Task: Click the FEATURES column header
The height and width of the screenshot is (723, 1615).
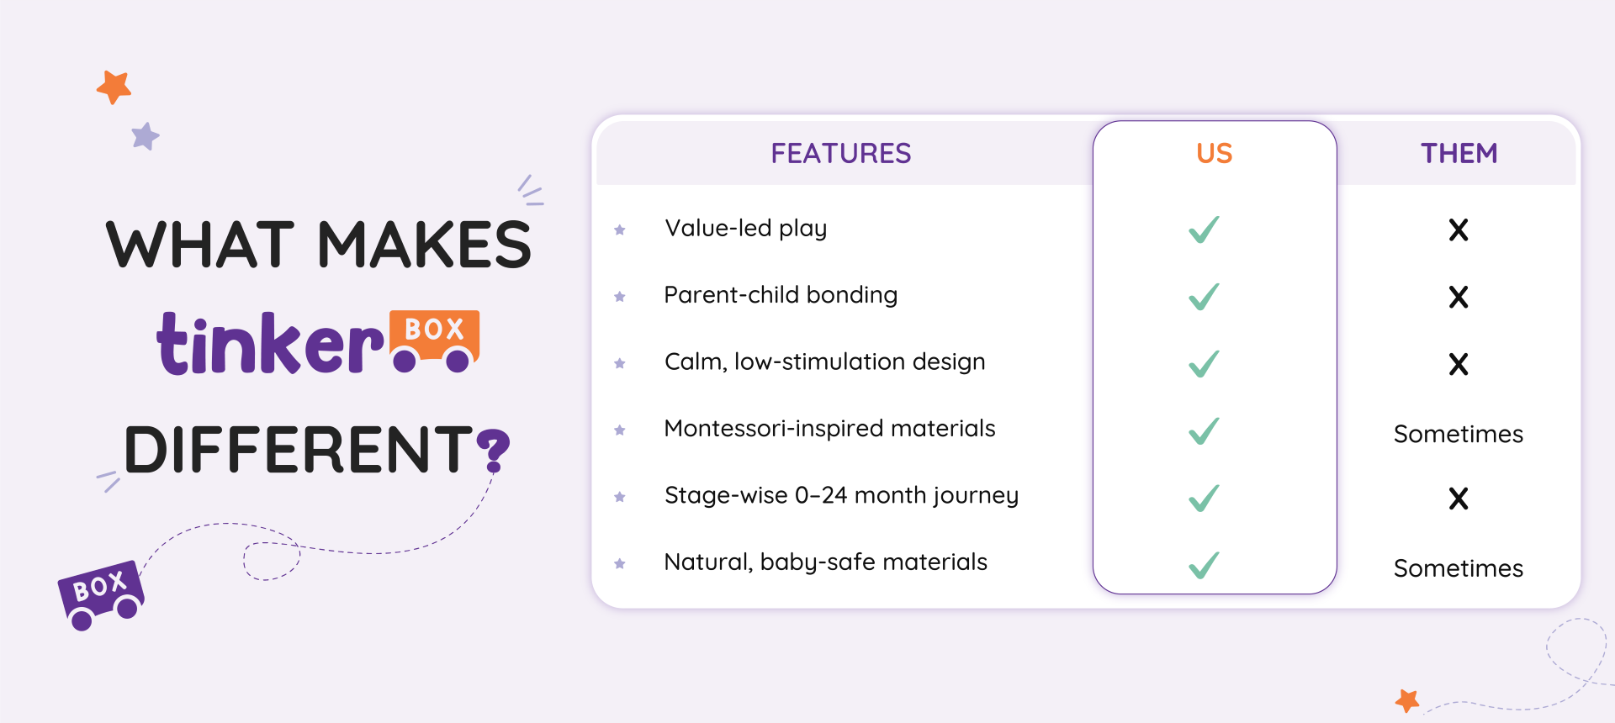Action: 841,153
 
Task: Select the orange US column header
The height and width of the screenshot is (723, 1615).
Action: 1215,153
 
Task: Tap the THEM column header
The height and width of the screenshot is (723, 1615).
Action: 1459,153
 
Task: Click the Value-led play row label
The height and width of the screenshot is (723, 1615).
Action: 746,229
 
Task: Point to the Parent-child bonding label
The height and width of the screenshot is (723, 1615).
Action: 781,295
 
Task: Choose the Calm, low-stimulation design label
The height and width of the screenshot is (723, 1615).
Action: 825,362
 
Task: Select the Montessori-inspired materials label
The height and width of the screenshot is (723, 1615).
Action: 830,429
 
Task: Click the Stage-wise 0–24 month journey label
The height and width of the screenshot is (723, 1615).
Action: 842,496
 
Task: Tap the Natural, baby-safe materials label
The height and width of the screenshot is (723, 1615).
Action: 826,562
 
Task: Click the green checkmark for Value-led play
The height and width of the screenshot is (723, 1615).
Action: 1204,230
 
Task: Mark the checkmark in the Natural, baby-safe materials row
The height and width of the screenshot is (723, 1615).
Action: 1204,565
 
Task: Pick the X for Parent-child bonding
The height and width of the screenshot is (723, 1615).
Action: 1459,297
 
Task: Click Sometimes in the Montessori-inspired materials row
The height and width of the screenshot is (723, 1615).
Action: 1459,434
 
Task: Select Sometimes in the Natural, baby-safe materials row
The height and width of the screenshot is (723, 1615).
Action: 1459,568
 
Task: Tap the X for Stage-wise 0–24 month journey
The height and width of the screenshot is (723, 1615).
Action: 1459,499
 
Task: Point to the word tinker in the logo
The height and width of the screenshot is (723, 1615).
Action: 270,343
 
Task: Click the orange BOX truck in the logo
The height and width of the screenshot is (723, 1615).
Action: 435,340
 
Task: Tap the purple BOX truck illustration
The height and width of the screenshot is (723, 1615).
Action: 101,595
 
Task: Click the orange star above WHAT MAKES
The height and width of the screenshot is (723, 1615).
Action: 114,87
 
